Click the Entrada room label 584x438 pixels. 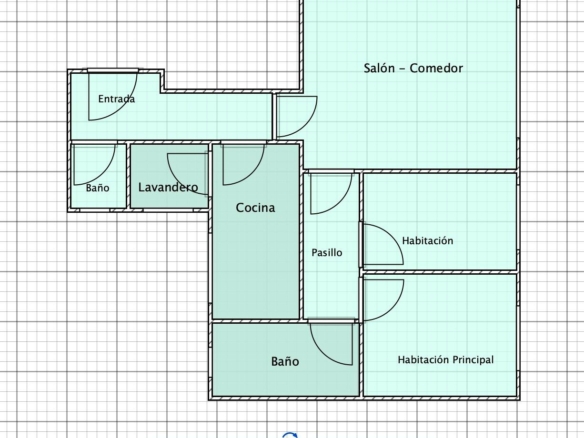point(116,99)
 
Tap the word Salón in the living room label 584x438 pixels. point(379,68)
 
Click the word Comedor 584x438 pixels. point(436,68)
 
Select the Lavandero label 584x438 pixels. point(168,187)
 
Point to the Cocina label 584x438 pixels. point(256,207)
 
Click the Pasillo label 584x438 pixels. point(327,253)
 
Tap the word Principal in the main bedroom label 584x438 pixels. point(473,360)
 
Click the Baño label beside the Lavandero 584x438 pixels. point(98,187)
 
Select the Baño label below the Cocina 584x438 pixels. point(285,361)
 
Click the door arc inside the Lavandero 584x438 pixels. point(177,181)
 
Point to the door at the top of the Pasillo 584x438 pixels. point(341,202)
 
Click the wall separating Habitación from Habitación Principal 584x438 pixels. point(440,272)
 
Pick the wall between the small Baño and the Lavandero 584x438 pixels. point(128,176)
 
